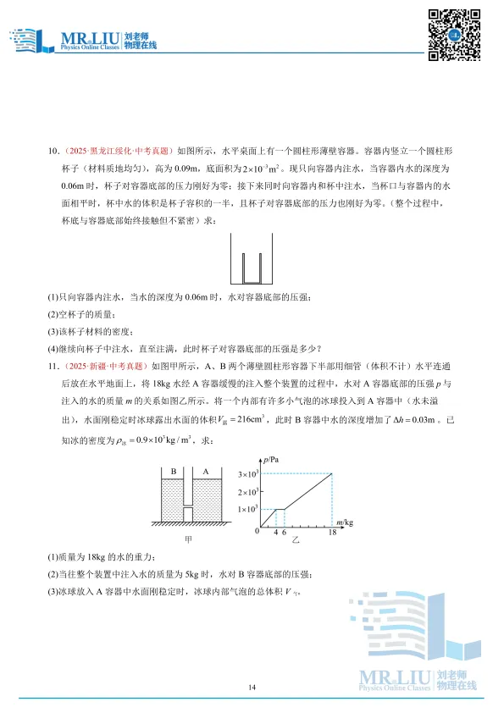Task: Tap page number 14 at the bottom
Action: click(x=252, y=687)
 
